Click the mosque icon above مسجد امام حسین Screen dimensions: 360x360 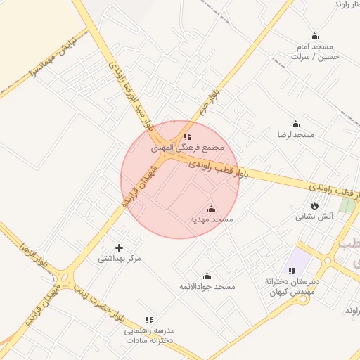pyautogui.click(x=314, y=37)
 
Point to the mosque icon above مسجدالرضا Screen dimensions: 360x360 pyautogui.click(x=295, y=124)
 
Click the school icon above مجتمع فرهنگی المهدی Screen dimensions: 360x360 pyautogui.click(x=187, y=136)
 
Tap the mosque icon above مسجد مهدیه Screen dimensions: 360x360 pyautogui.click(x=211, y=209)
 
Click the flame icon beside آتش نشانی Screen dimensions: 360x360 pyautogui.click(x=314, y=205)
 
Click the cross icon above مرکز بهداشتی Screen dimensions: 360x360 pyautogui.click(x=119, y=247)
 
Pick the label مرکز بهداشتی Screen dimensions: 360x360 pyautogui.click(x=120, y=259)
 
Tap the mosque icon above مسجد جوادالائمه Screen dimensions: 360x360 pyautogui.click(x=207, y=276)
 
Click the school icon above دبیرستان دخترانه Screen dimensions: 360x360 pyautogui.click(x=292, y=271)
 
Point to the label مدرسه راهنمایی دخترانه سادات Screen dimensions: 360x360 pyautogui.click(x=149, y=335)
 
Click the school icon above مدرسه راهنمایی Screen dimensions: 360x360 pyautogui.click(x=148, y=320)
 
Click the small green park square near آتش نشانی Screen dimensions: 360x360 pyautogui.click(x=347, y=205)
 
